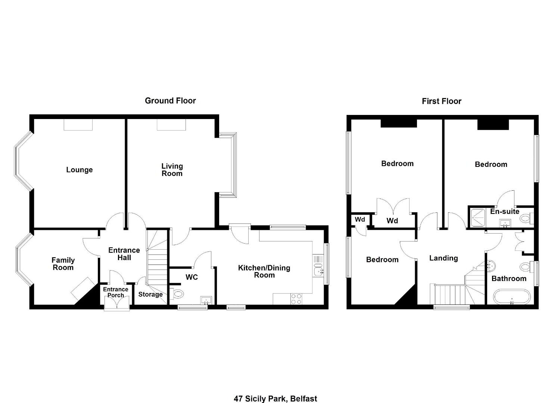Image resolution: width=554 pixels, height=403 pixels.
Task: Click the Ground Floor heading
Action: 170,101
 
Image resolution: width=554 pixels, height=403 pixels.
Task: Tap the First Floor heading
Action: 442,101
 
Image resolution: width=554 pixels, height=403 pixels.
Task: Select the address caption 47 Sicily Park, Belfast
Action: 275,392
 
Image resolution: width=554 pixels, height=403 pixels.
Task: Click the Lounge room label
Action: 80,170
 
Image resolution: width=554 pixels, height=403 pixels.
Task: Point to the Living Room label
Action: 172,170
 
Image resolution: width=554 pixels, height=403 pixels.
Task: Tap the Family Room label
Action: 63,263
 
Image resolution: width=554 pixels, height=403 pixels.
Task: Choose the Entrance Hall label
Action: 124,254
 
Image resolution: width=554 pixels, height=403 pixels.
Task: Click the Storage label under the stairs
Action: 150,294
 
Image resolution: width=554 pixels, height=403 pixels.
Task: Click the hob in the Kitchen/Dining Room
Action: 296,299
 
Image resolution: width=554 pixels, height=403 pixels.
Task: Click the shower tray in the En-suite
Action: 477,218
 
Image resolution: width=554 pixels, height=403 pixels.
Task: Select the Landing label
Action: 443,258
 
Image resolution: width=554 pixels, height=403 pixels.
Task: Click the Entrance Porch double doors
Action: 117,302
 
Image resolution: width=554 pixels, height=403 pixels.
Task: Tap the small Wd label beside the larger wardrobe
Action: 360,219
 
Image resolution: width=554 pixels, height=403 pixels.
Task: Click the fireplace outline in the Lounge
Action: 78,125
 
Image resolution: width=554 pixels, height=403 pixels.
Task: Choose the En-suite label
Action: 505,212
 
